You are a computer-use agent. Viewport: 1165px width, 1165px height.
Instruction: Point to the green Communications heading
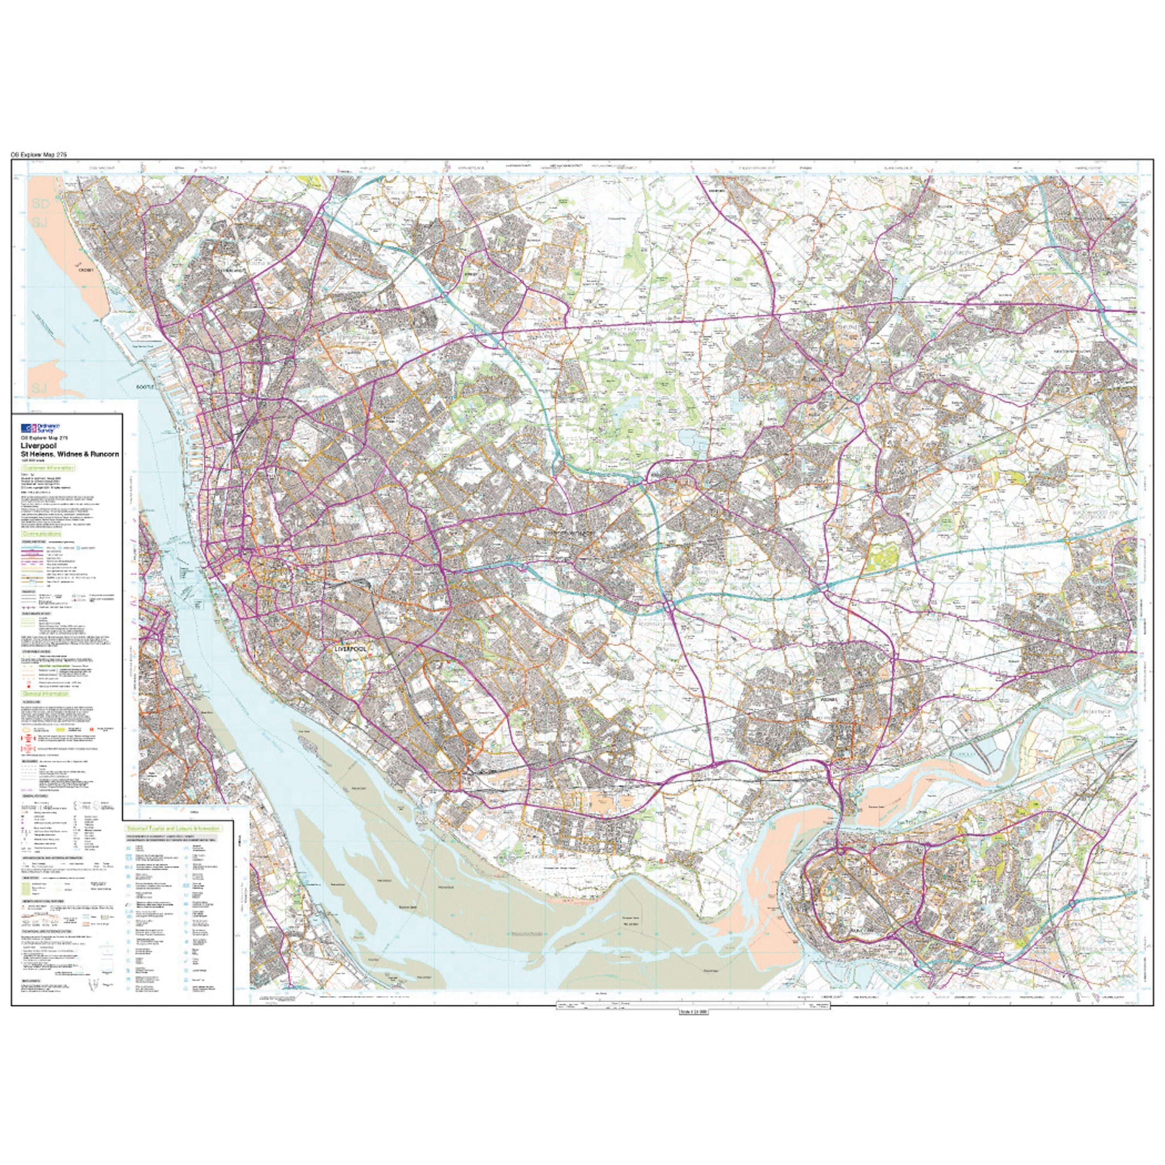point(41,534)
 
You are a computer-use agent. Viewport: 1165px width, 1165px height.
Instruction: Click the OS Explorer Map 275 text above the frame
point(38,155)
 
